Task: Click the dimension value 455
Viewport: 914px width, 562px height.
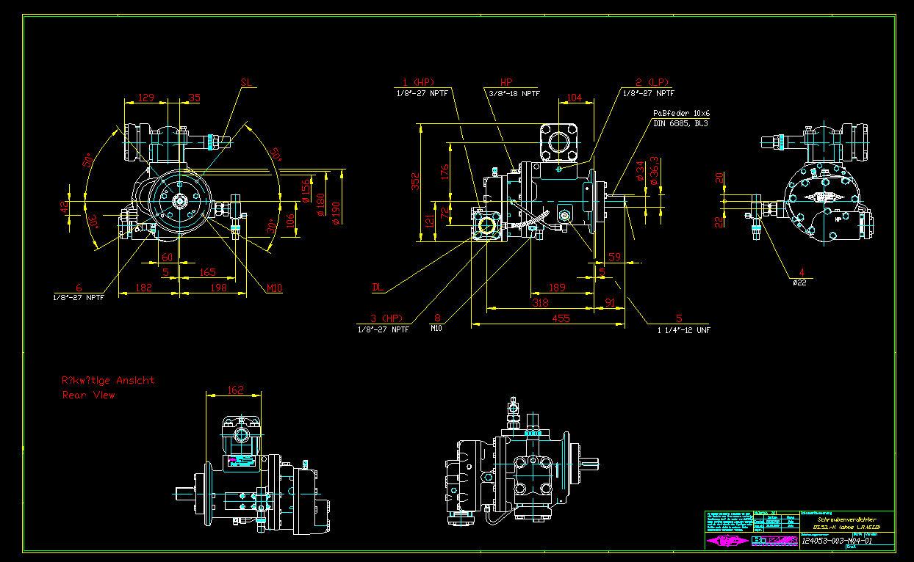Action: coord(561,318)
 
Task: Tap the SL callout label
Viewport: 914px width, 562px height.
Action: coord(247,83)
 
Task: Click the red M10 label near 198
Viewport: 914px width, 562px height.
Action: coord(274,288)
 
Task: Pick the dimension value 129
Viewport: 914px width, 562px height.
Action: coord(147,97)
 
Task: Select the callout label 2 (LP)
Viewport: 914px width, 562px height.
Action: coord(653,82)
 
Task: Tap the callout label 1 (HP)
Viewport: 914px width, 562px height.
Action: coord(420,82)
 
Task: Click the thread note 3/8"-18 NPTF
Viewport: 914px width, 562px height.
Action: coord(513,93)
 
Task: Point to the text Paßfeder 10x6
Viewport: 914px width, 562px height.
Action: coord(681,114)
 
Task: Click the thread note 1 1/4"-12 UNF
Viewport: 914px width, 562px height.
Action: coord(683,330)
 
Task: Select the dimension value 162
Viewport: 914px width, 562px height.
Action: coord(235,390)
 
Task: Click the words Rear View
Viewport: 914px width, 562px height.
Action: coord(89,395)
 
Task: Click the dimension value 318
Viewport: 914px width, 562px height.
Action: coord(541,302)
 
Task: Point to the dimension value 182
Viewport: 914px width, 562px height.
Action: coord(144,288)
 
